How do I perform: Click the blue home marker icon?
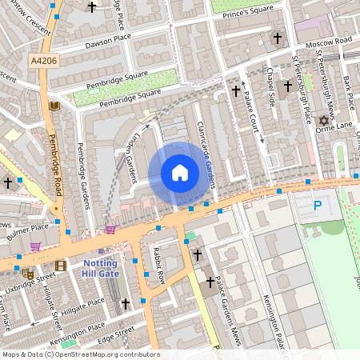(179, 173)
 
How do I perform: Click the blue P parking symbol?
(318, 206)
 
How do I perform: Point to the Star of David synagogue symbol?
(324, 122)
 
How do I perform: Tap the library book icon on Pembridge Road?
(54, 105)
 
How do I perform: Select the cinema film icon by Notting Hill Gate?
(61, 266)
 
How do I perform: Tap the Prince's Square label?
(254, 12)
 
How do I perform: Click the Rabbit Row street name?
(158, 266)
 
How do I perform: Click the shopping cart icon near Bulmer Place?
(35, 247)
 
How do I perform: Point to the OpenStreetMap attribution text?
(80, 354)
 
